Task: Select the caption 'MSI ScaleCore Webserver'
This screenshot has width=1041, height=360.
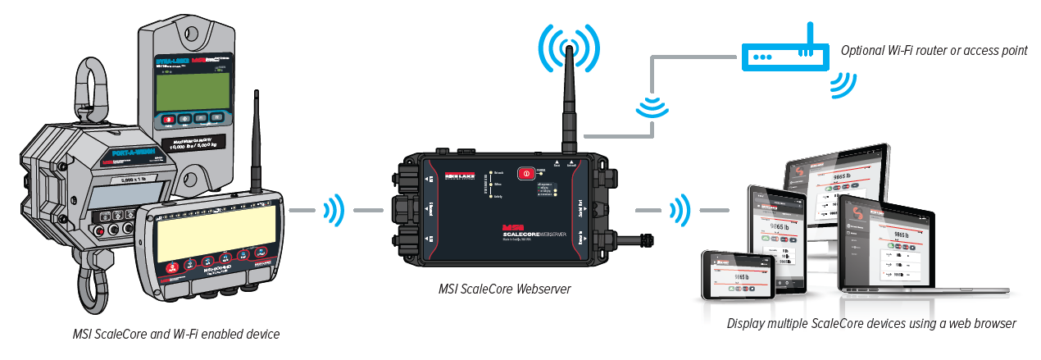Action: (505, 289)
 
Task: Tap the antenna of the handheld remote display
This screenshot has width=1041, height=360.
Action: (257, 139)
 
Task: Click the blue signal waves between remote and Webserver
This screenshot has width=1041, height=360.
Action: (334, 212)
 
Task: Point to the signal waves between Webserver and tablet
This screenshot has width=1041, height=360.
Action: (678, 212)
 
